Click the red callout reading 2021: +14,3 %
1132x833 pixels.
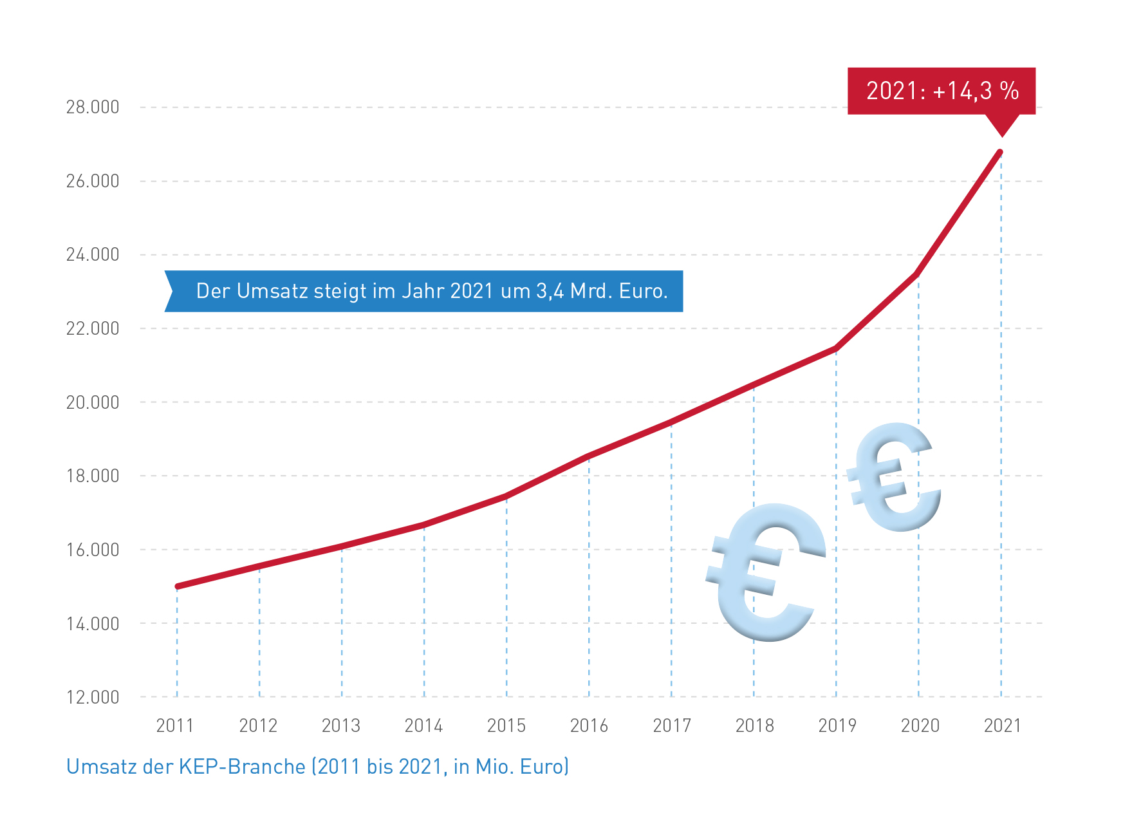click(941, 91)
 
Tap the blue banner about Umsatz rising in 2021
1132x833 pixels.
click(425, 291)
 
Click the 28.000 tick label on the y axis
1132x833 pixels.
click(93, 107)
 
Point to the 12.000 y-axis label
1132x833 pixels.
click(93, 697)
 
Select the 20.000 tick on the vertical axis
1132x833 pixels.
click(93, 402)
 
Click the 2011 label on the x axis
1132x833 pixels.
click(175, 725)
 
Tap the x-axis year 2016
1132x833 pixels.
click(589, 725)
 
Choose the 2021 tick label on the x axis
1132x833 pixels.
click(1002, 725)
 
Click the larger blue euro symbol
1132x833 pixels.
click(766, 573)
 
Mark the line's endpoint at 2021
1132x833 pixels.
click(1001, 152)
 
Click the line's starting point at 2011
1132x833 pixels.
click(177, 586)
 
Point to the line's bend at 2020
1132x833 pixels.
click(917, 274)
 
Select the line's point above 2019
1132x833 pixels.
click(836, 348)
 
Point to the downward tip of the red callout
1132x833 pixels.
click(1001, 135)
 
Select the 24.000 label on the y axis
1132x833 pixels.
click(93, 255)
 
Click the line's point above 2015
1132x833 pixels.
click(506, 496)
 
